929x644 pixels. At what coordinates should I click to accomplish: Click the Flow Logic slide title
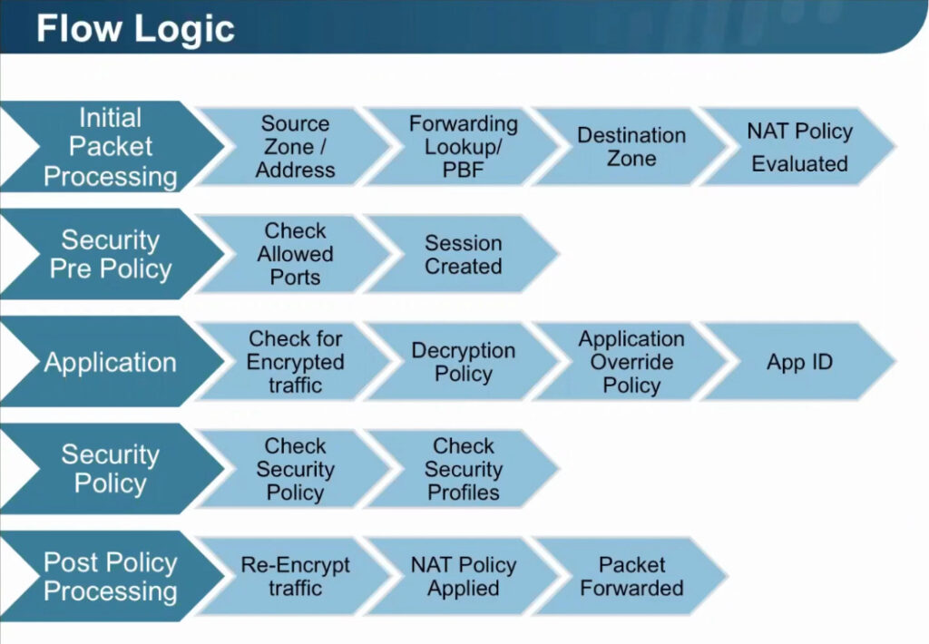pos(135,28)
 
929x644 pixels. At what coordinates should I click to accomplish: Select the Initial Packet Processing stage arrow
pos(112,146)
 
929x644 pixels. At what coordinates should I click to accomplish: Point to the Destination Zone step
pos(631,146)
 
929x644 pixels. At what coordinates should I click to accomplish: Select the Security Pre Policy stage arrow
pos(112,254)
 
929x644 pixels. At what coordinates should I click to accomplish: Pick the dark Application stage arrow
pos(112,361)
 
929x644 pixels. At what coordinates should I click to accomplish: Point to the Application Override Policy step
pos(631,361)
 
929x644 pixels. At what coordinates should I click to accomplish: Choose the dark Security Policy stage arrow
pos(112,469)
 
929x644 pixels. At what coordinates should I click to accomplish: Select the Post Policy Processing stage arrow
pos(112,576)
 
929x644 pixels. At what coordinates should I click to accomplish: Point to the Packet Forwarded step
pos(631,576)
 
